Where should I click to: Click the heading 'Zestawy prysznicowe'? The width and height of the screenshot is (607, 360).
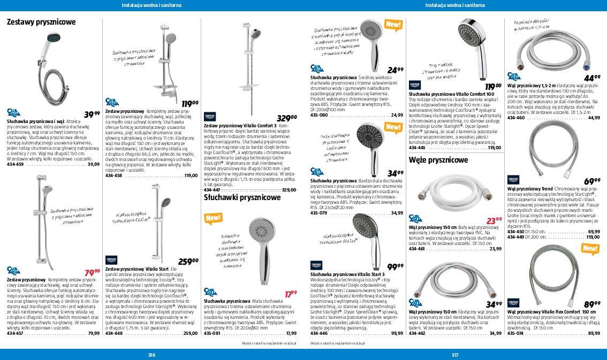[41, 22]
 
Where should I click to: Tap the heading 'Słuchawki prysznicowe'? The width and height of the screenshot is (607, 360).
[242, 197]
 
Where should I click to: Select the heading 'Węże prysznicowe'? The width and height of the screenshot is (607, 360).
[438, 160]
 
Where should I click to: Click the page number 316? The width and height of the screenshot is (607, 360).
[151, 354]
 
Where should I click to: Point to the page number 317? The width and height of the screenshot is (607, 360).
[455, 354]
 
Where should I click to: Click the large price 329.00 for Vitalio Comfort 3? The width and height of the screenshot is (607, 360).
[286, 118]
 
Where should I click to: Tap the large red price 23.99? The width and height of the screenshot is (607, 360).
[494, 220]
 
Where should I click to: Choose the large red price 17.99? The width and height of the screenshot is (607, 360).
[290, 294]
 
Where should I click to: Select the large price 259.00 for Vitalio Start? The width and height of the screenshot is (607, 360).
[188, 262]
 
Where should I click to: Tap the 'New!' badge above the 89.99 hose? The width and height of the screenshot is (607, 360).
[590, 249]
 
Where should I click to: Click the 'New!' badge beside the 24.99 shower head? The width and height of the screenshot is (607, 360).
[393, 25]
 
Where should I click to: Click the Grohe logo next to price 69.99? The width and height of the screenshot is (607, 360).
[514, 180]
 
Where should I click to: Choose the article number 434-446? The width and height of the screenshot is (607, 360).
[319, 333]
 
